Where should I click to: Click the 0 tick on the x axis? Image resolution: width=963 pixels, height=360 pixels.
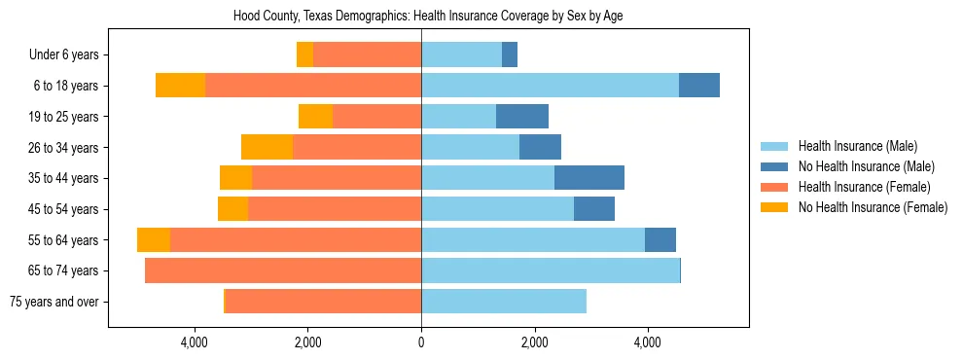tap(421, 342)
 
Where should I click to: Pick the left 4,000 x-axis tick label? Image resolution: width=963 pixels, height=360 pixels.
tap(195, 342)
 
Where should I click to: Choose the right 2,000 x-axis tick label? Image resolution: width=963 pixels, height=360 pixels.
tap(534, 342)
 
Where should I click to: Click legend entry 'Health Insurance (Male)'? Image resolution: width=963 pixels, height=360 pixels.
tap(857, 146)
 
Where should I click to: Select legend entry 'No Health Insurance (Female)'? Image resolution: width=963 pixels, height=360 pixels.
tap(873, 207)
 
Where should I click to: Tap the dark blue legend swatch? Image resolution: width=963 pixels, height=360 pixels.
tap(775, 166)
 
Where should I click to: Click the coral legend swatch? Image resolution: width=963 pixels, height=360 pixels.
tap(775, 187)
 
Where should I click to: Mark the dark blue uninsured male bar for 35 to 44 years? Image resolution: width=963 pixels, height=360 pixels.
tap(588, 178)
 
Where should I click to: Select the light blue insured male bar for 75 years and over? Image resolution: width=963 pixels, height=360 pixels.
tap(503, 302)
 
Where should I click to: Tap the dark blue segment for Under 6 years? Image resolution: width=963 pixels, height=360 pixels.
tap(510, 55)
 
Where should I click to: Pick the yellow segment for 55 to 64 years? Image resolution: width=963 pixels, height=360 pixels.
tap(154, 240)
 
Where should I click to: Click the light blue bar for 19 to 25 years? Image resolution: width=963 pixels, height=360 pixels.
tap(458, 117)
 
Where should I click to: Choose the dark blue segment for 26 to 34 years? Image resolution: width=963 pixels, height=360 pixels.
tap(540, 148)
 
